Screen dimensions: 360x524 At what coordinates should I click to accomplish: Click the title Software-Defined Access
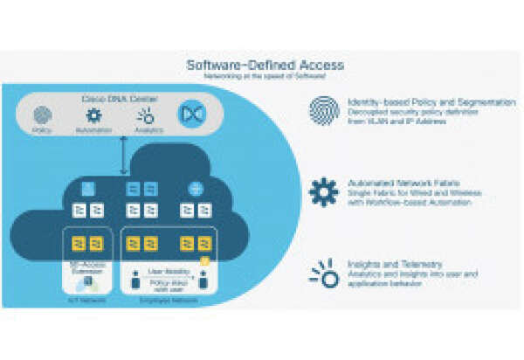tap(265, 65)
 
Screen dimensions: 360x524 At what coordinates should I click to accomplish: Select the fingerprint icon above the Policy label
tap(42, 115)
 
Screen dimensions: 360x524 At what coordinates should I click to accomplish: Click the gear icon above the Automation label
tap(93, 115)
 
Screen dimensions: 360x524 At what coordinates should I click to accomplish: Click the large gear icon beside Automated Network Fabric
tap(323, 191)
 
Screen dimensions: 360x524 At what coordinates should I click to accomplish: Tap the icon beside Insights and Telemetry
tap(323, 273)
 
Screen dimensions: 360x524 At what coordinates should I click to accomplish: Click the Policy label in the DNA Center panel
tap(42, 130)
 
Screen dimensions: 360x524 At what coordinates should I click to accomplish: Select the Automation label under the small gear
tap(93, 130)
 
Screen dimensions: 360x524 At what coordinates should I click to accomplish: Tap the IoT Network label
tap(80, 299)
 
